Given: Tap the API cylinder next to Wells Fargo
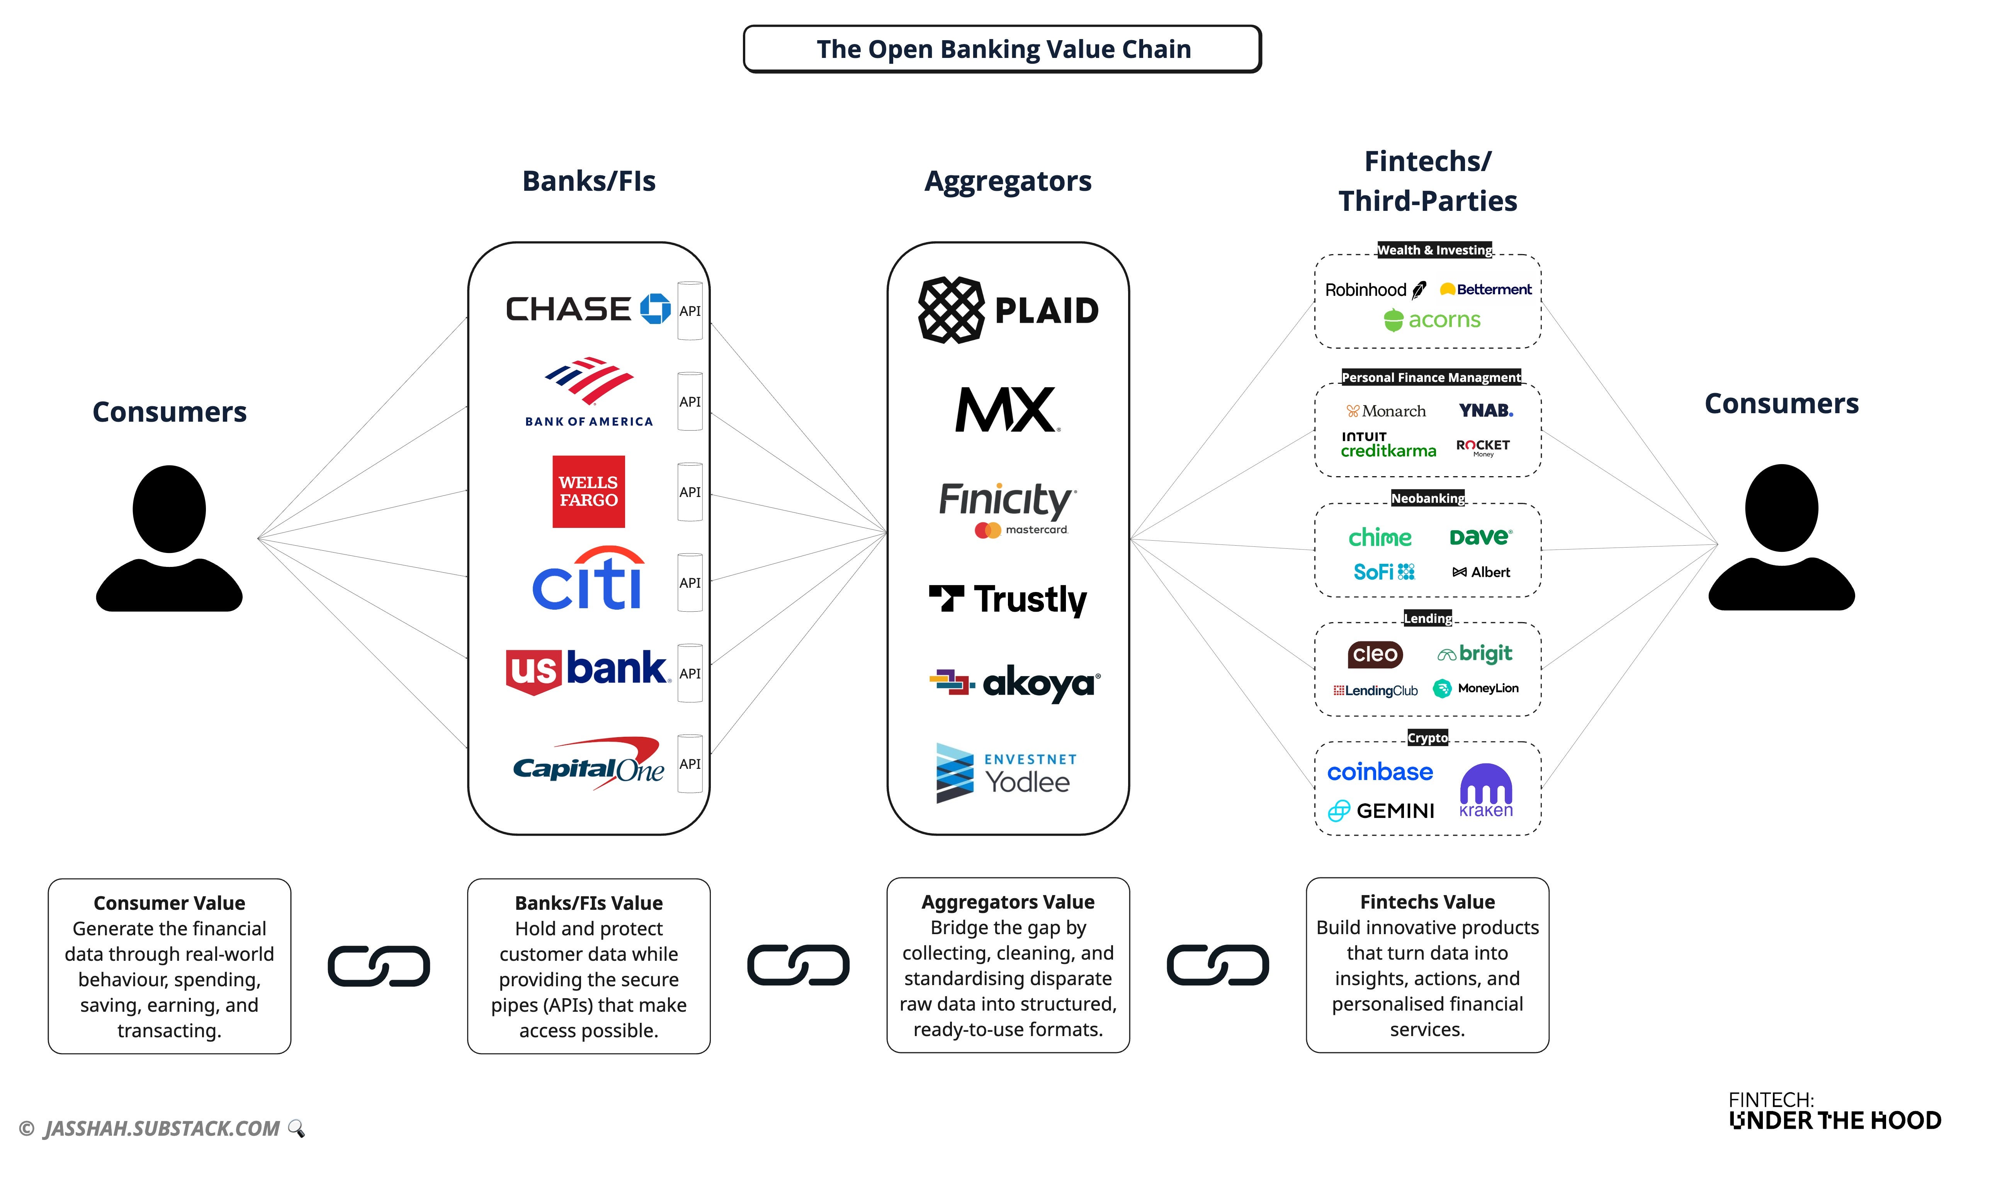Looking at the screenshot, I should click(x=689, y=492).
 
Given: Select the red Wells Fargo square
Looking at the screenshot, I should click(x=588, y=491).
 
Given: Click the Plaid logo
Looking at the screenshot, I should click(x=1008, y=310).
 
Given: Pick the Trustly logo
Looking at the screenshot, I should click(x=1008, y=599).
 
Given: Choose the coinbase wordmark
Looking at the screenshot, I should click(x=1380, y=772).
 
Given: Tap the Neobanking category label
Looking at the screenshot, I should click(x=1428, y=499).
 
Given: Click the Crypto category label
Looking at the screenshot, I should click(x=1428, y=738).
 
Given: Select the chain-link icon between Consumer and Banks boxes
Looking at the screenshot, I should click(x=378, y=966).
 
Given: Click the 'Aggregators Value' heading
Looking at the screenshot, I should click(x=1008, y=902).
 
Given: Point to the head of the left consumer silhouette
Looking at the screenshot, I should click(x=169, y=509).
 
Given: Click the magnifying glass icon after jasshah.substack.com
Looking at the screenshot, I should click(x=297, y=1128).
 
